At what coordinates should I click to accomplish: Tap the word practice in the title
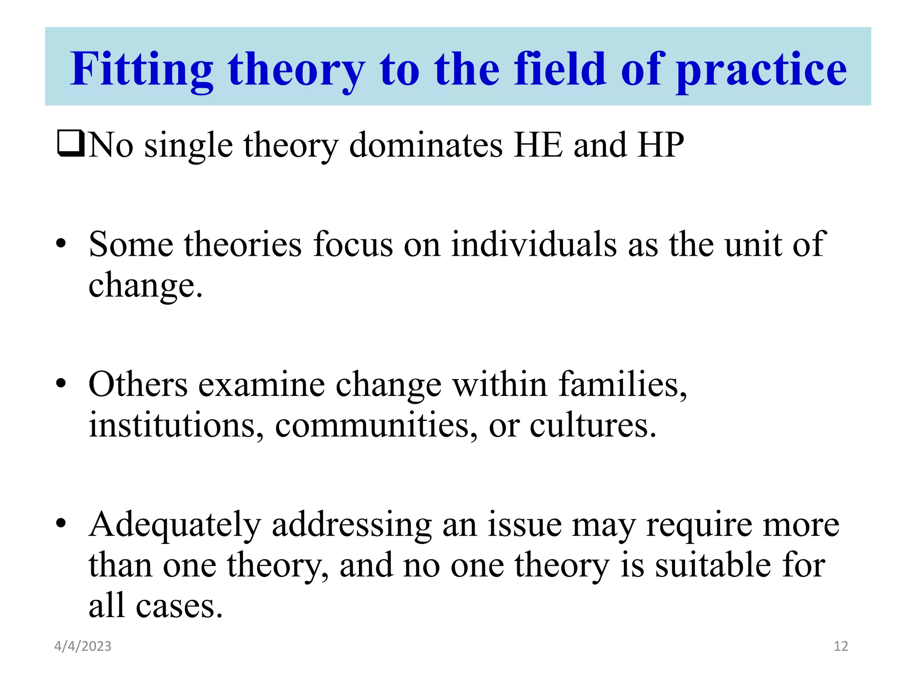click(761, 69)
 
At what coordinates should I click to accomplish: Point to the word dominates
click(425, 145)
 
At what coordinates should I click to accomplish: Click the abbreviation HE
click(538, 145)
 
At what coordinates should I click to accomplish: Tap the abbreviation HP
click(660, 145)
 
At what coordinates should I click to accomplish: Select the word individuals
click(533, 244)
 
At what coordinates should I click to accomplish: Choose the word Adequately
click(175, 524)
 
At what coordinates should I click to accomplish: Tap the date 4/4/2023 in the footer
click(83, 646)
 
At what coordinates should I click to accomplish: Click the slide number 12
click(841, 646)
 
